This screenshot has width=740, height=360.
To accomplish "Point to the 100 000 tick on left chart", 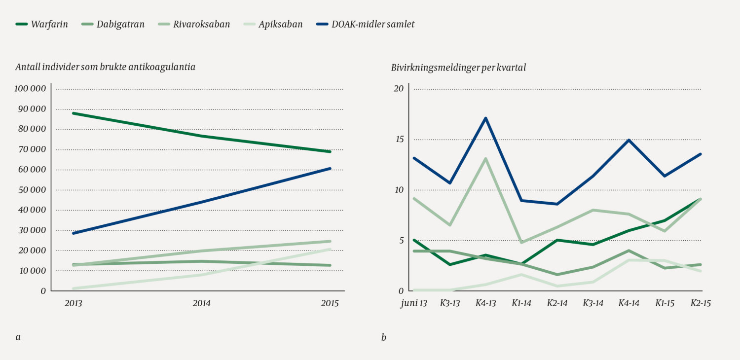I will click(x=30, y=89).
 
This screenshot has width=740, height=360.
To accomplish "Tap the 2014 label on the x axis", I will click(x=201, y=303).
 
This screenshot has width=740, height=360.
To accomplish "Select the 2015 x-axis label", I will click(x=330, y=303).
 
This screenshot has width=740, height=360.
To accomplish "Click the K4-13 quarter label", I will click(x=485, y=303).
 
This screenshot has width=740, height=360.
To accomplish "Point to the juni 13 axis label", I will click(x=413, y=303).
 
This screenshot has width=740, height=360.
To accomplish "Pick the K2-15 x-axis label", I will click(x=700, y=303).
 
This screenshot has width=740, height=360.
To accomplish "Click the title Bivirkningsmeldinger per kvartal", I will click(x=458, y=68).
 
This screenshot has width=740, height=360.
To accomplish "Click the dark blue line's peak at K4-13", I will click(x=486, y=118).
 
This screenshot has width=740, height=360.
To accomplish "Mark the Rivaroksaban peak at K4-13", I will click(x=486, y=158).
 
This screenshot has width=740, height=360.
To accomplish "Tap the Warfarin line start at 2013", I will click(x=74, y=113).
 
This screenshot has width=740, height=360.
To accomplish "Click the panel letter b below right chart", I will click(x=383, y=338).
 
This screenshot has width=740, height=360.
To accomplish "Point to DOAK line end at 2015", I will click(x=330, y=169).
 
